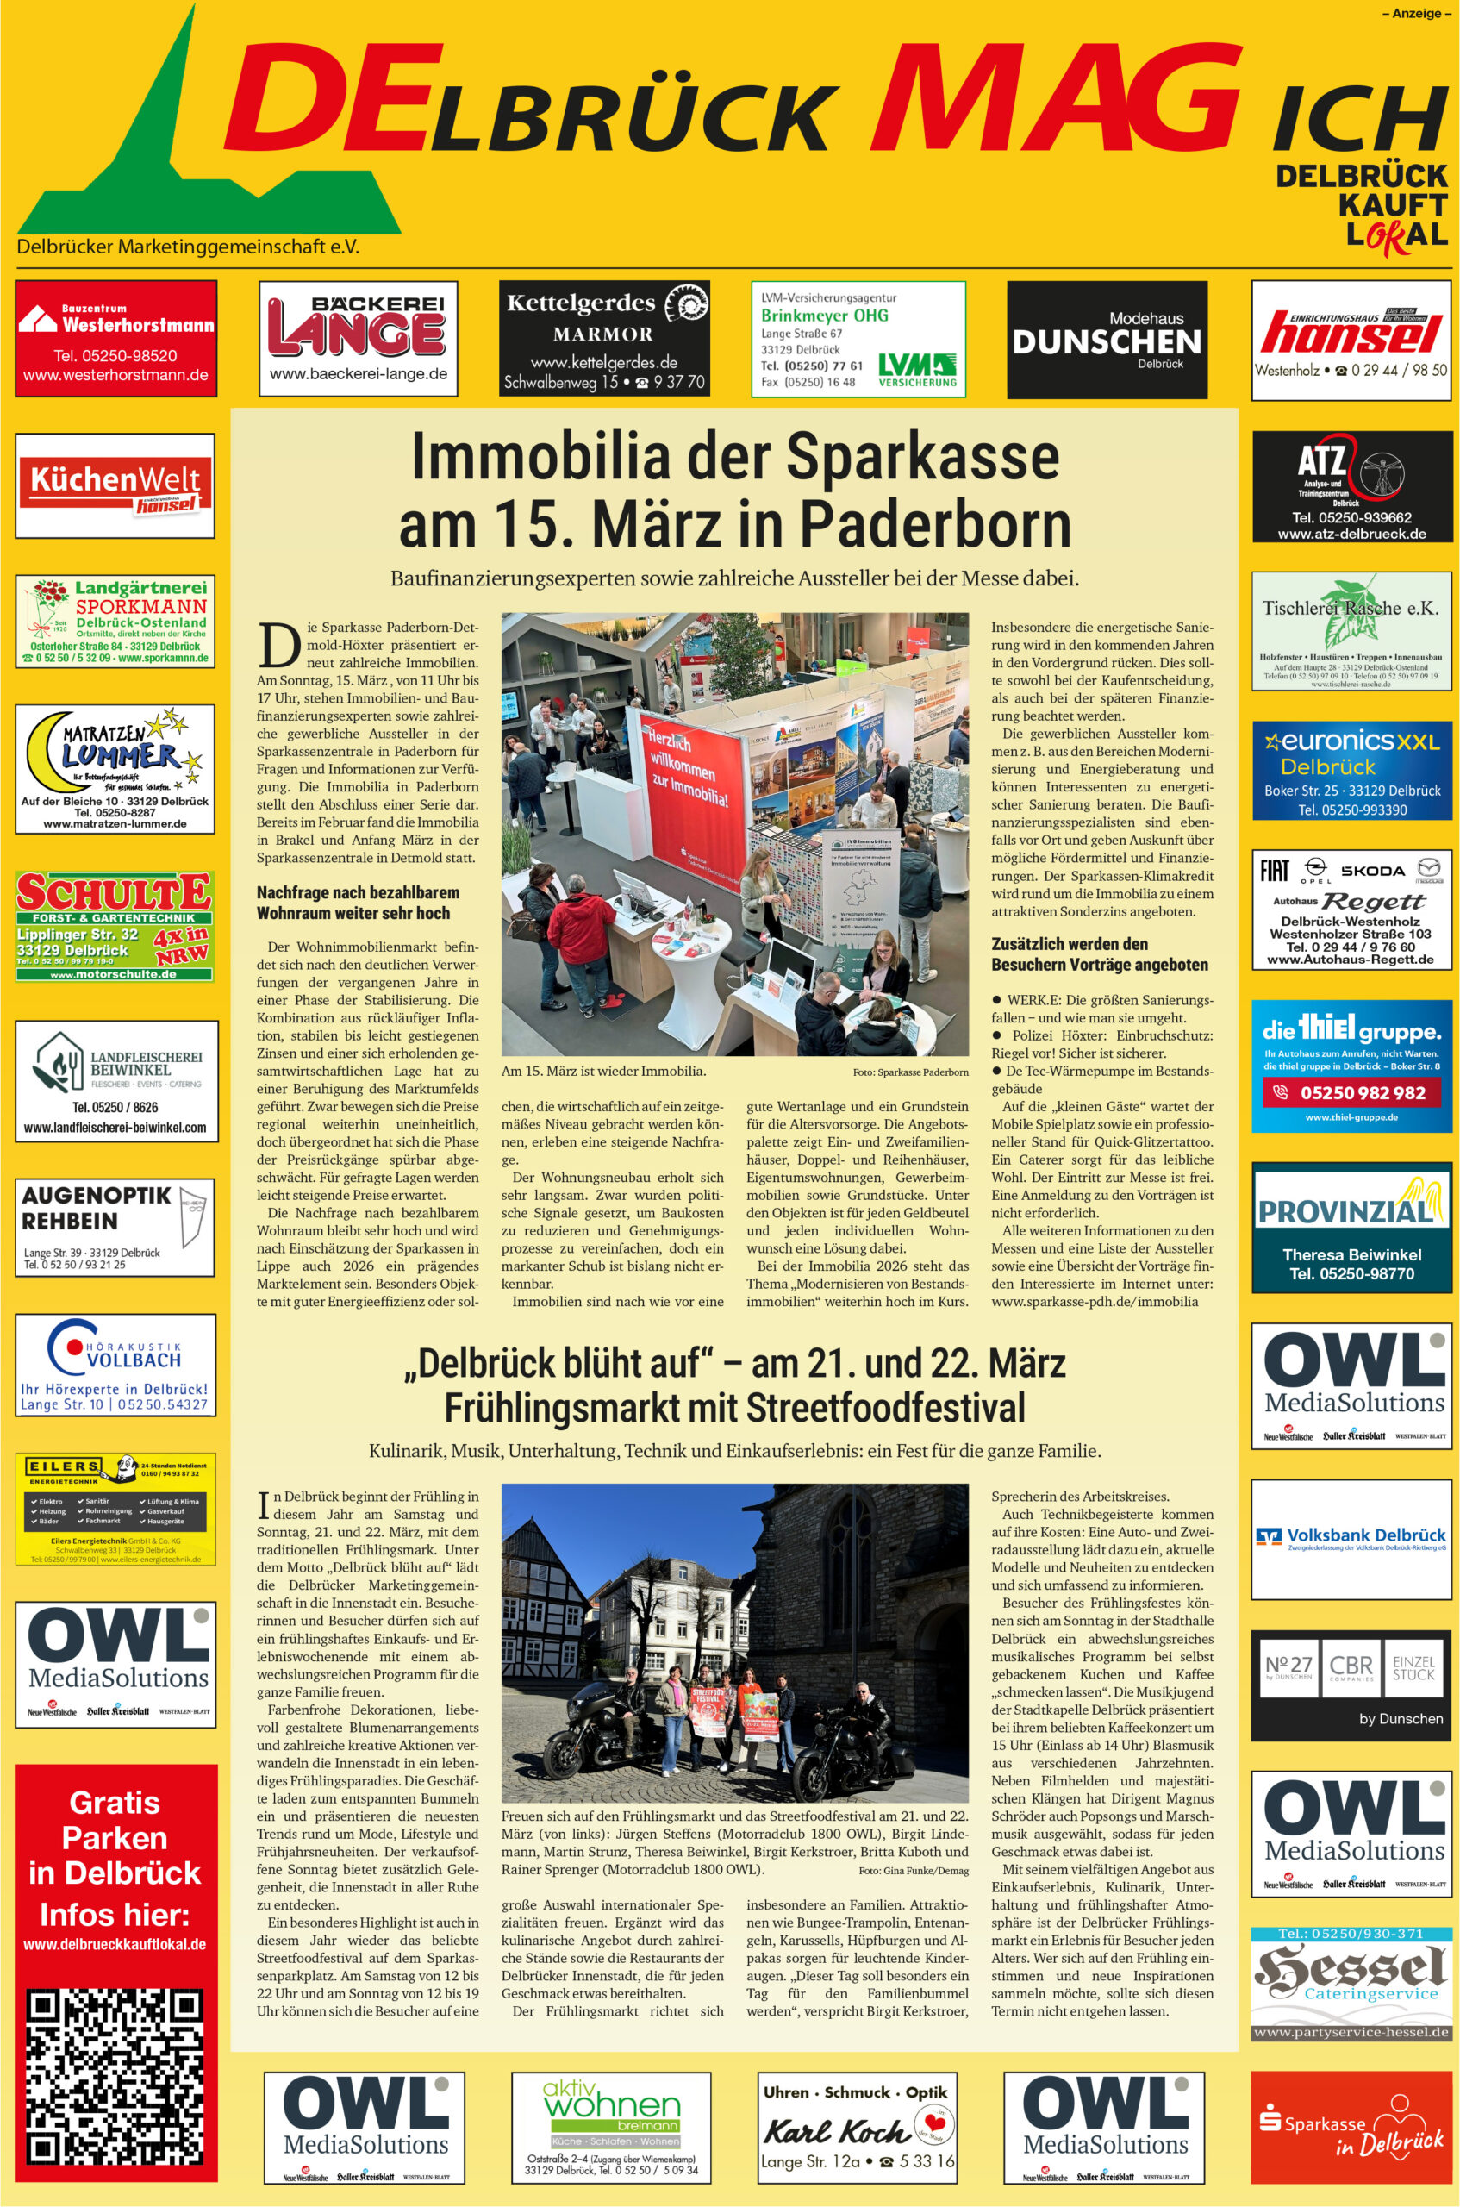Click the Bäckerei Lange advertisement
[359, 338]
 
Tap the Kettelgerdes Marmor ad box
[604, 338]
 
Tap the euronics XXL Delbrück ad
[1351, 771]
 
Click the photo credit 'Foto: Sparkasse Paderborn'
[910, 1072]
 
